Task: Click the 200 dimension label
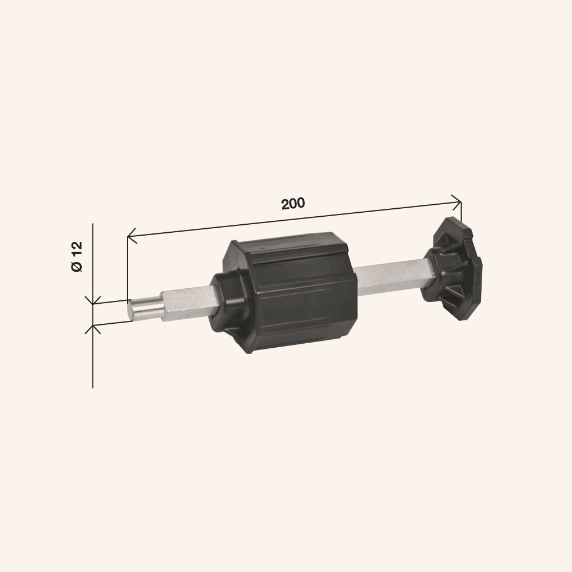click(293, 203)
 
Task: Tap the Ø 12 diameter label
click(77, 256)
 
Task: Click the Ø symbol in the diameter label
click(77, 267)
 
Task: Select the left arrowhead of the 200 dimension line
click(132, 236)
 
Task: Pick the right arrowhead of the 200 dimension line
click(456, 202)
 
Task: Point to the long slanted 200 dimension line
click(295, 219)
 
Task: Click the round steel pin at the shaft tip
click(145, 309)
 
